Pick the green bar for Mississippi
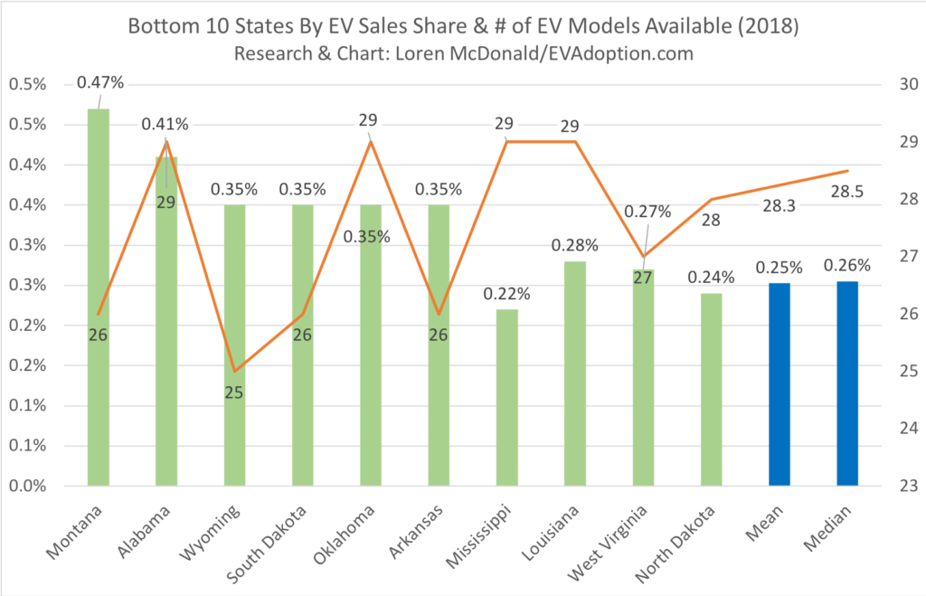click(506, 397)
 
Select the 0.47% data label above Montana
click(99, 82)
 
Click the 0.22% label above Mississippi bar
click(506, 293)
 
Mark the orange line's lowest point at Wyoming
click(234, 371)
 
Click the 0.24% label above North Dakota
click(711, 278)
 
